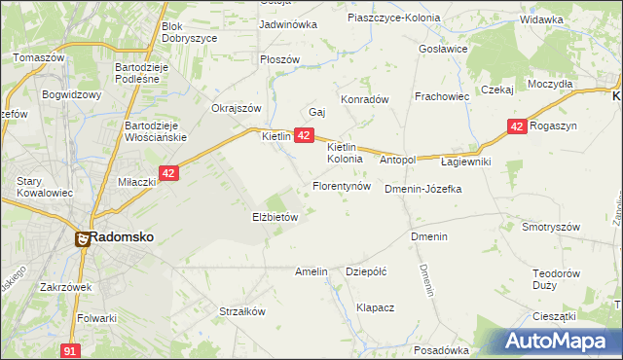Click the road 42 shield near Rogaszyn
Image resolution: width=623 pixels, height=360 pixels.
517,126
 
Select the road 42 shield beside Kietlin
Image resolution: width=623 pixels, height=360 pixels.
304,136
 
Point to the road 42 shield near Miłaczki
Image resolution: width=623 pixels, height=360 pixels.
169,173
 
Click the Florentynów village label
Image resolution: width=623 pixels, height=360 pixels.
341,185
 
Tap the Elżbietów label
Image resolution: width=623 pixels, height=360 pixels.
275,218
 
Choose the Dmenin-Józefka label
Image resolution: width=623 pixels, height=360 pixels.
422,189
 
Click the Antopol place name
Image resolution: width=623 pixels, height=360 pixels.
397,160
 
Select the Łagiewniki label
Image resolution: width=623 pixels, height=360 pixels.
465,162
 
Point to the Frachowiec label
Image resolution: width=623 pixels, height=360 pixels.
442,97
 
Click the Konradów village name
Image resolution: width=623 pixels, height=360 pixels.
364,99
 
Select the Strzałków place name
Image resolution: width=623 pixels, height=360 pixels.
242,312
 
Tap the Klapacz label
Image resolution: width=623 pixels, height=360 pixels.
375,307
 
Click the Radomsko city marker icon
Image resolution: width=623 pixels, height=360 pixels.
85,237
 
